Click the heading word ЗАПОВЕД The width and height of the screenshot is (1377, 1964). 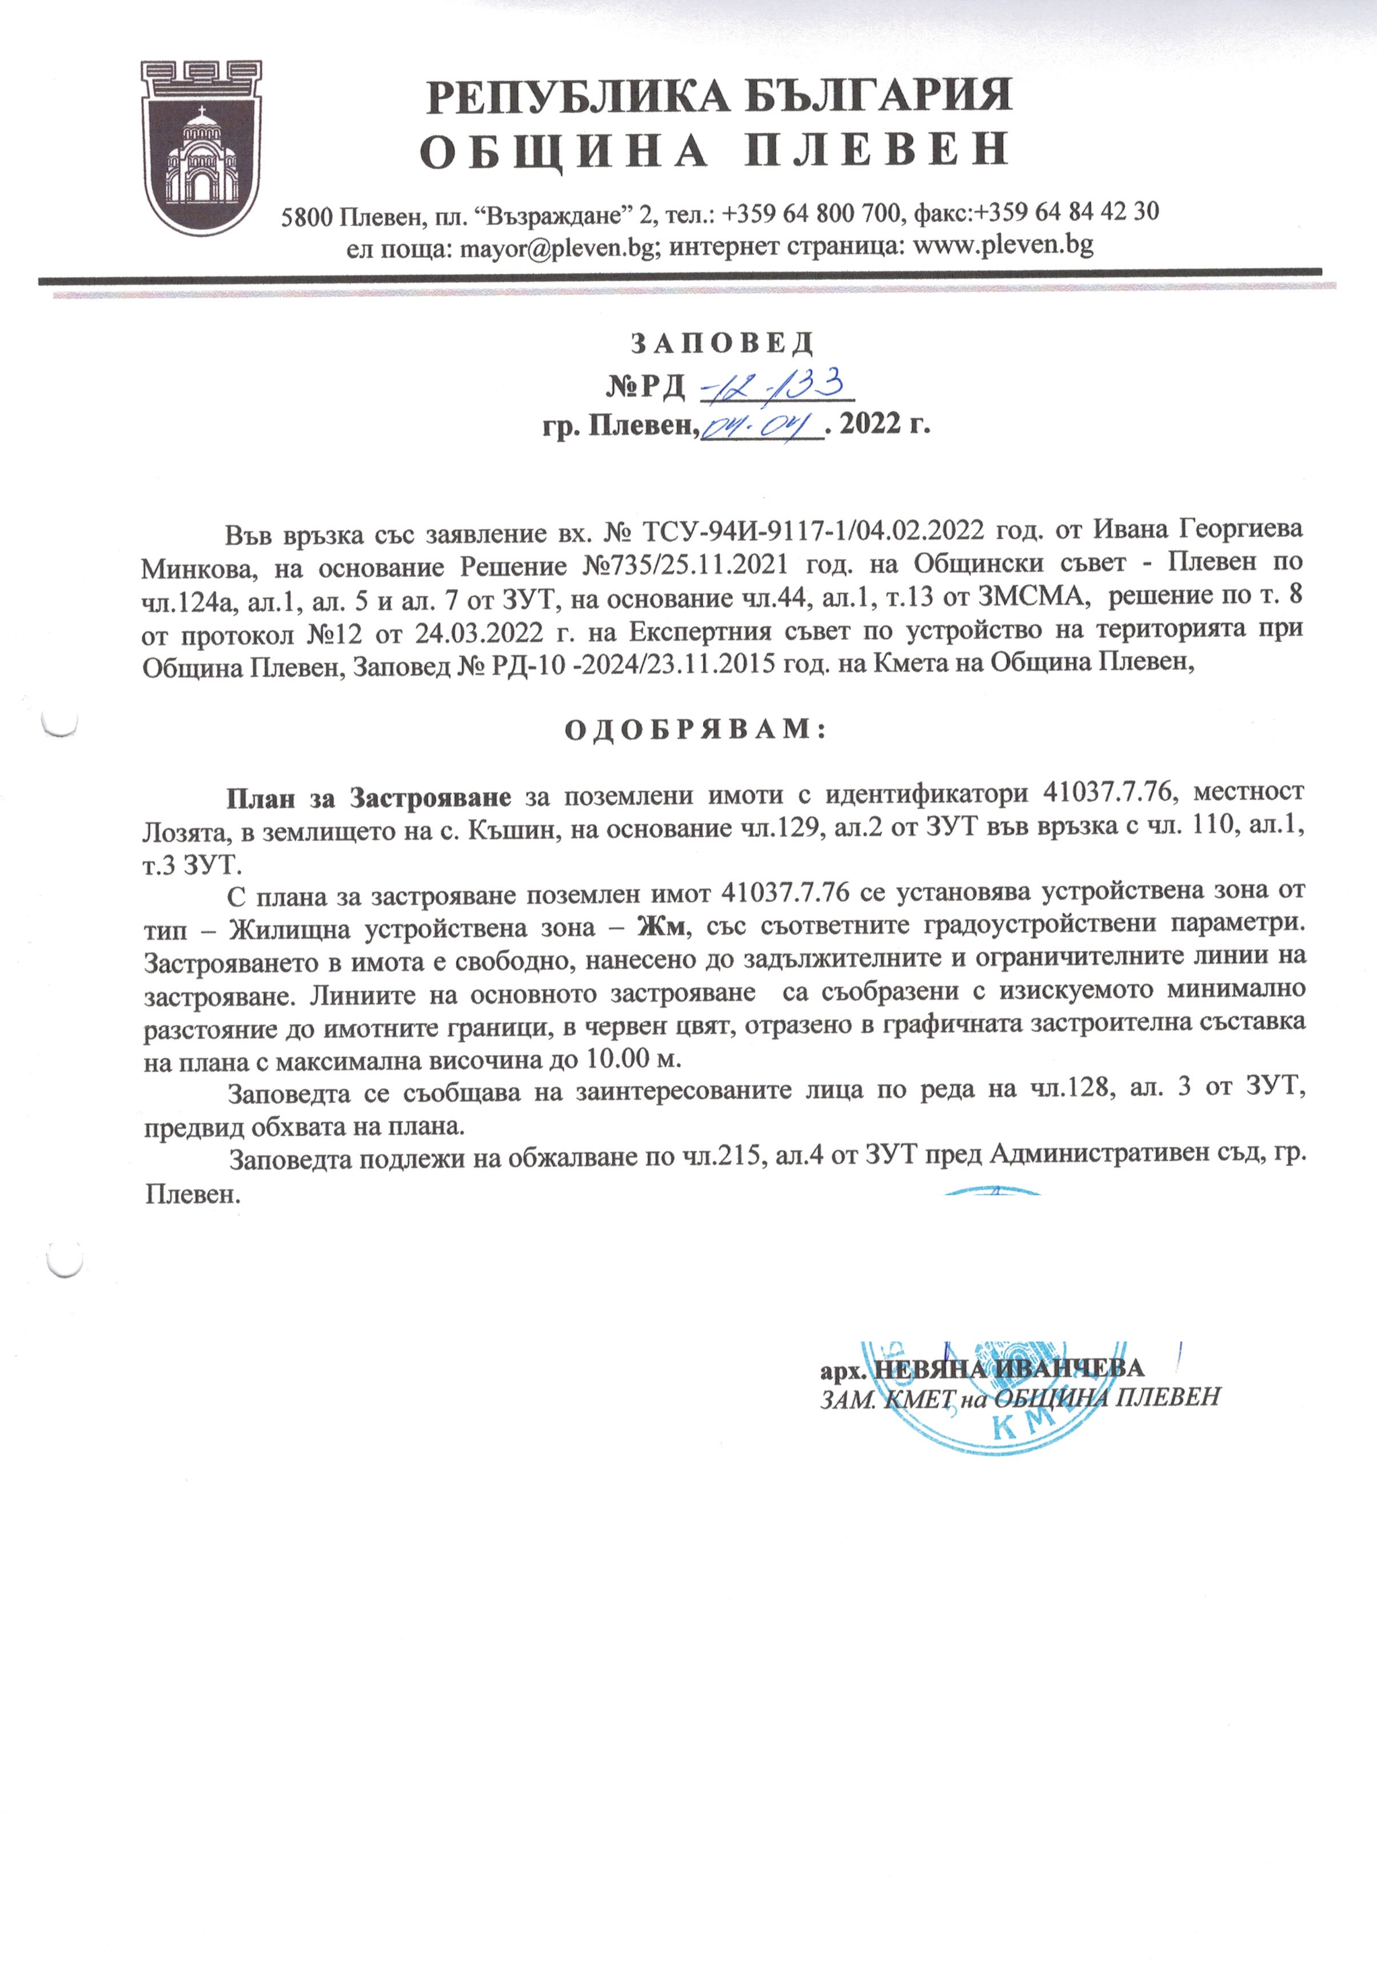coord(722,343)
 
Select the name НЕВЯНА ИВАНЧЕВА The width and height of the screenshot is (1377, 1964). coord(1009,1367)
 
